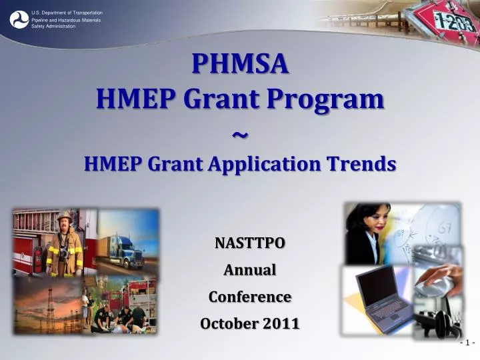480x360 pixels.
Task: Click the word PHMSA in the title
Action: pos(240,64)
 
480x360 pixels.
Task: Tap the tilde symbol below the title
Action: pos(240,134)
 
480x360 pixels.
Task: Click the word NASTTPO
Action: pos(249,243)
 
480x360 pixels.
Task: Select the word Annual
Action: pos(249,270)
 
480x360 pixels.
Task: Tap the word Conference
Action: pos(249,297)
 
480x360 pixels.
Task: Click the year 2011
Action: pos(281,323)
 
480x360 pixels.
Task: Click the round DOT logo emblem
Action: pos(19,19)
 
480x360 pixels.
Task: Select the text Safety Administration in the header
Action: pos(53,26)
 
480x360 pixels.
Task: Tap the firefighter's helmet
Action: pos(65,216)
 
